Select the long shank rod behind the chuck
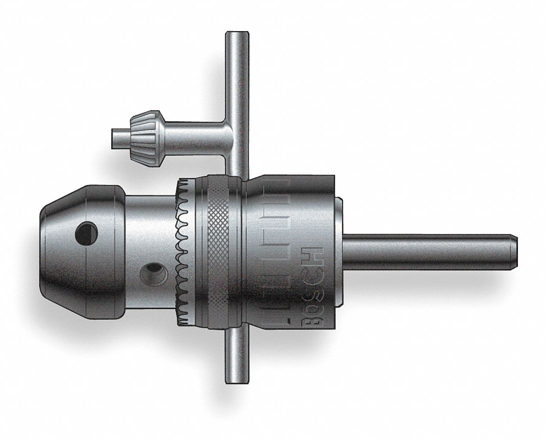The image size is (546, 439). click(x=426, y=252)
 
